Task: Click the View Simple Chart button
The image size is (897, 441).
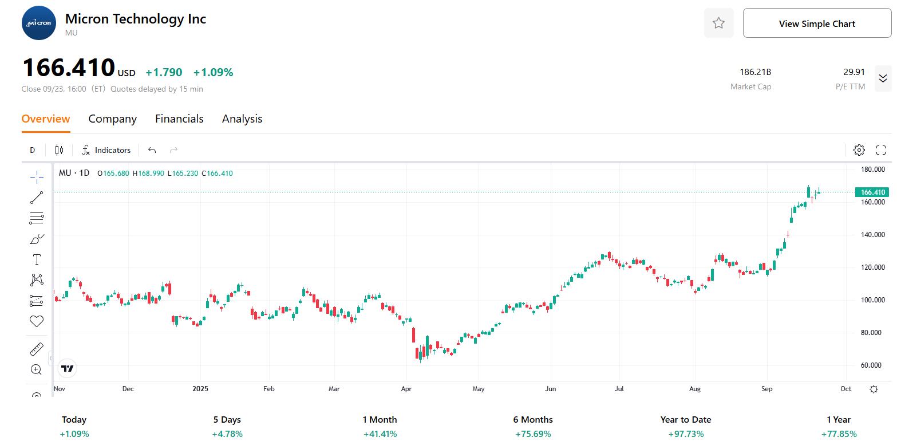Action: click(817, 23)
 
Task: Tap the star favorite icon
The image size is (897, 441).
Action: click(718, 23)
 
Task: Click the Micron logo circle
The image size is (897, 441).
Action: click(39, 23)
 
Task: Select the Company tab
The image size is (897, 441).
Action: click(112, 119)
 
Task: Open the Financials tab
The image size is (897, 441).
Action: click(179, 119)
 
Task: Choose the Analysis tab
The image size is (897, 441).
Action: click(242, 119)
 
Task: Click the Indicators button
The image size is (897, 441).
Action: click(106, 150)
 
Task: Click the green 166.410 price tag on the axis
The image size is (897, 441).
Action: click(872, 192)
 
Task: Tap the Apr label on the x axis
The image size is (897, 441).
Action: click(406, 389)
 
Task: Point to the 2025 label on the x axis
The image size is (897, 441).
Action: click(200, 389)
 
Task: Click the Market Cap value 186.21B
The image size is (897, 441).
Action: click(755, 72)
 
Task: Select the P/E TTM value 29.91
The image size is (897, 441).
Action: click(853, 72)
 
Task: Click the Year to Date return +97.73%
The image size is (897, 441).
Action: click(686, 434)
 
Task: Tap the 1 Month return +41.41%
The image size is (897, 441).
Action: click(380, 434)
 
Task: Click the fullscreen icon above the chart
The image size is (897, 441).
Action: click(881, 150)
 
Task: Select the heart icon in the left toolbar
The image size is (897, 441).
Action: click(37, 321)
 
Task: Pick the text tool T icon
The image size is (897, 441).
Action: click(37, 259)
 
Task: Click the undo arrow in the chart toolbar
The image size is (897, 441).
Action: click(152, 150)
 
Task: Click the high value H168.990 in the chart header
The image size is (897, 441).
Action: click(148, 173)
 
